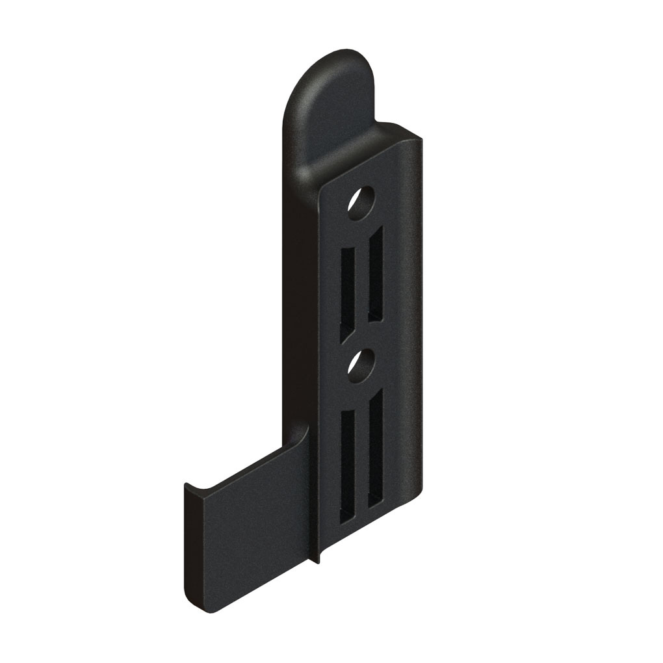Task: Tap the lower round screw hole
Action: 360,365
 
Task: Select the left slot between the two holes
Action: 348,289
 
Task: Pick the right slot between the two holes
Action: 376,273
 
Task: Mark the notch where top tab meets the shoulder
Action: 380,123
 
